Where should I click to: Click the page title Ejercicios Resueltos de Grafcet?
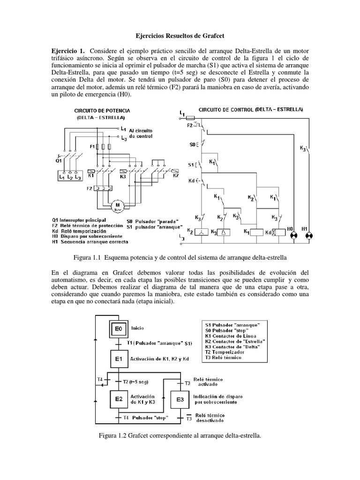(180, 35)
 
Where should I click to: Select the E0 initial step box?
(119, 330)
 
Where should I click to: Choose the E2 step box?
(119, 399)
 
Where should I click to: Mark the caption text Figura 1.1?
(90, 257)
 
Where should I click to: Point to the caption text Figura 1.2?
(115, 435)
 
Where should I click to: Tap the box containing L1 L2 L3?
(68, 178)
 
